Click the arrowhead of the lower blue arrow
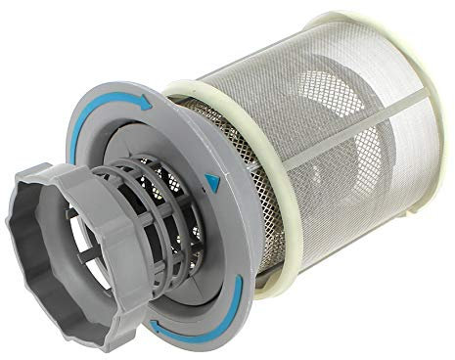pyautogui.click(x=239, y=283)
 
